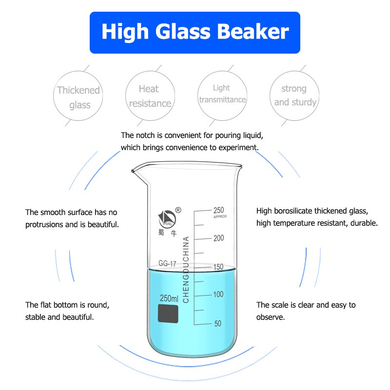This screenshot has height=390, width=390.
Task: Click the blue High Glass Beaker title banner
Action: point(195,32)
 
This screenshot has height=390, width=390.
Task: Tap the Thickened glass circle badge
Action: point(78,97)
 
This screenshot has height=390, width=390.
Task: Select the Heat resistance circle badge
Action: point(149,96)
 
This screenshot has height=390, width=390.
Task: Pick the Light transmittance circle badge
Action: point(222,94)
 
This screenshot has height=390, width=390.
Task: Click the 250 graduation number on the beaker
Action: point(218,210)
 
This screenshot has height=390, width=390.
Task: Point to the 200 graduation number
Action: point(218,238)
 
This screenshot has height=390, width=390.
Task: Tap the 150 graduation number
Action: point(218,267)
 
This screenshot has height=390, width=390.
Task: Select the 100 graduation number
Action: point(218,294)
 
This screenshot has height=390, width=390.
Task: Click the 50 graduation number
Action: point(218,323)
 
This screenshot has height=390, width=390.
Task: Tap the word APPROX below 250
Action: point(221,216)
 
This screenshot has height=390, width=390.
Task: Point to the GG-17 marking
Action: point(167,263)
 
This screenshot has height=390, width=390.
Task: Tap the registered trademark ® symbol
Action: point(178,210)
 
